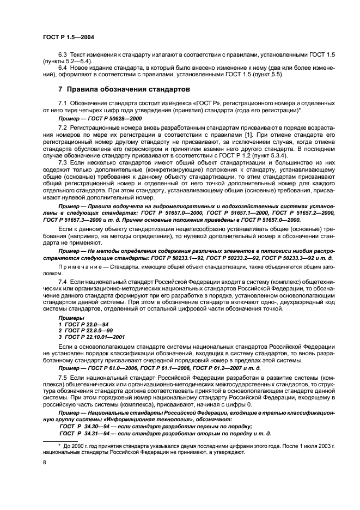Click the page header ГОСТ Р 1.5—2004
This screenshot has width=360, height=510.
(64, 36)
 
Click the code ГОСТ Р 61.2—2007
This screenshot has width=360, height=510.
(222, 368)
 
